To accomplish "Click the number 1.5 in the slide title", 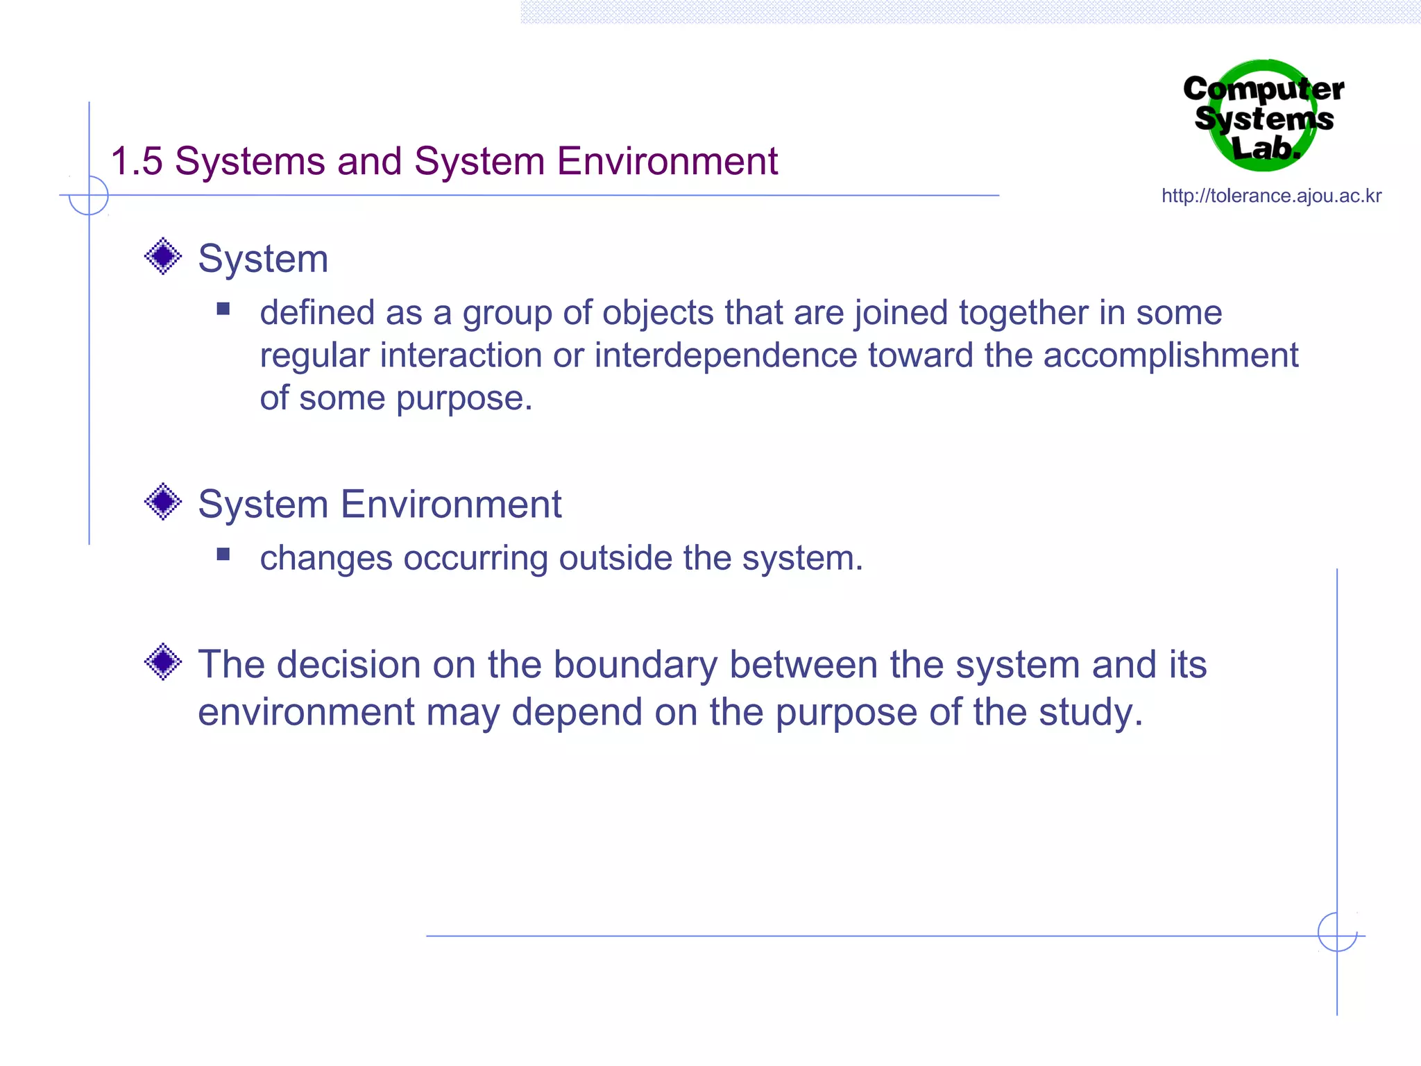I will click(x=137, y=162).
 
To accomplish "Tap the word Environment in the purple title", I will click(x=667, y=162).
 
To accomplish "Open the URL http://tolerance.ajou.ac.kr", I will click(x=1271, y=196).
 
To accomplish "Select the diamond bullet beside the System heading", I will click(x=163, y=257).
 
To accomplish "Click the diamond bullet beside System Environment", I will click(x=163, y=502).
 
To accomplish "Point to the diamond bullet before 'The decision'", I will click(x=163, y=662).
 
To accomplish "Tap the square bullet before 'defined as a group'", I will click(x=223, y=309).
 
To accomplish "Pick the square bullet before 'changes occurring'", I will click(x=223, y=554).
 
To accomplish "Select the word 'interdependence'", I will click(x=726, y=356).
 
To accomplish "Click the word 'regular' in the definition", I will click(x=314, y=356).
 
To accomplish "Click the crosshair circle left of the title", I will click(x=89, y=196).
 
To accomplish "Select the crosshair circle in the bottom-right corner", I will click(x=1337, y=932).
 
